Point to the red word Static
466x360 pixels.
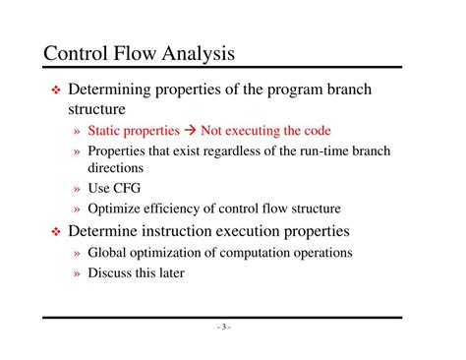coord(107,131)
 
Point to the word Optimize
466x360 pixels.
coord(114,208)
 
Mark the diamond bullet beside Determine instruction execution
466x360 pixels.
coord(57,232)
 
